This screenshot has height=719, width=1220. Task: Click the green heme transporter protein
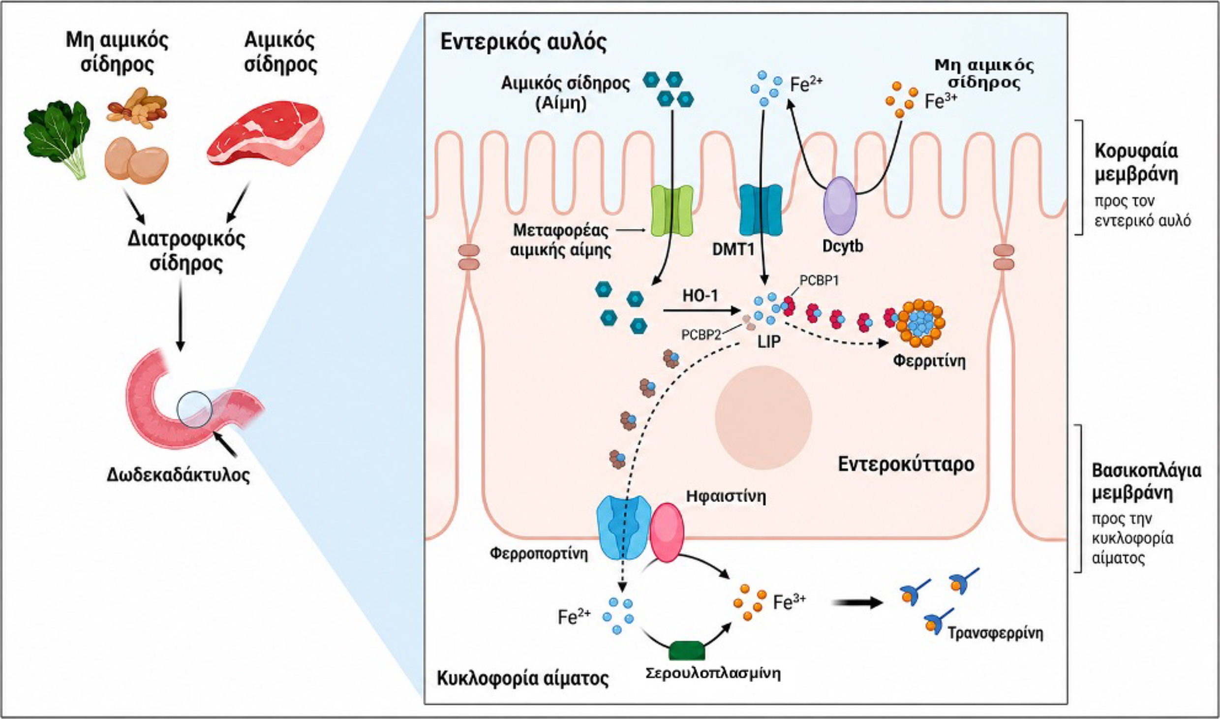click(x=672, y=211)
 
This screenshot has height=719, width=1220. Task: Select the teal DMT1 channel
click(x=761, y=210)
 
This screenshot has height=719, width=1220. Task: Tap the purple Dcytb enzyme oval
click(x=840, y=206)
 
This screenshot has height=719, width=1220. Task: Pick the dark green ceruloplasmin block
click(x=687, y=650)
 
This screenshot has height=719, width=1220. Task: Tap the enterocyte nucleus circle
click(x=763, y=417)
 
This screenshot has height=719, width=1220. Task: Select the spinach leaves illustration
click(x=57, y=139)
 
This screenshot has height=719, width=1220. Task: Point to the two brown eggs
click(x=136, y=160)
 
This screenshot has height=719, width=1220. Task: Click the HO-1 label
click(x=700, y=295)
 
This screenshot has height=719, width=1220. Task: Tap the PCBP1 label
click(x=819, y=281)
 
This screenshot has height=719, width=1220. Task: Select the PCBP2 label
click(x=701, y=335)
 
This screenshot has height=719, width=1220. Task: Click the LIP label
click(x=769, y=341)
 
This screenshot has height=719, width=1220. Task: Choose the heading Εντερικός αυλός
click(x=523, y=42)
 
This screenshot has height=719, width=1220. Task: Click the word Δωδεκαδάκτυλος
click(x=178, y=475)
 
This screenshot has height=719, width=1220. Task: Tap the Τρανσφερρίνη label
click(x=995, y=632)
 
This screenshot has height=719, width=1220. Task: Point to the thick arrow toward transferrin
click(x=856, y=602)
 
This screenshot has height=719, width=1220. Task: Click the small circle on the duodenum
click(x=194, y=409)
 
